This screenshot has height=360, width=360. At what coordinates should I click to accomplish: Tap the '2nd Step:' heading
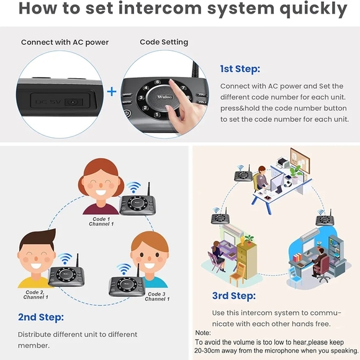point(41,317)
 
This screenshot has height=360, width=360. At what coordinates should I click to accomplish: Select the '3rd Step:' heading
point(233,295)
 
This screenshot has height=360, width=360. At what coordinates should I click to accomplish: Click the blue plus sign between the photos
point(112,91)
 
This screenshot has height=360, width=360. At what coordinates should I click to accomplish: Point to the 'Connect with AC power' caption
point(65,42)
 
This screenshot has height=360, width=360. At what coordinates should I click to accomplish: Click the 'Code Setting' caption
point(164,42)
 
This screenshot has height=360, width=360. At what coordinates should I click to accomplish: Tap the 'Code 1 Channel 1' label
point(99,221)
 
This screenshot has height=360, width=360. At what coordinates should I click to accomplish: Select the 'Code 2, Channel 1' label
point(35,294)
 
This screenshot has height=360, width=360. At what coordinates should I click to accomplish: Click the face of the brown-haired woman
point(100,181)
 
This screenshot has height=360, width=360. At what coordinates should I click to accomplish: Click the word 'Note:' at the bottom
point(203,333)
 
